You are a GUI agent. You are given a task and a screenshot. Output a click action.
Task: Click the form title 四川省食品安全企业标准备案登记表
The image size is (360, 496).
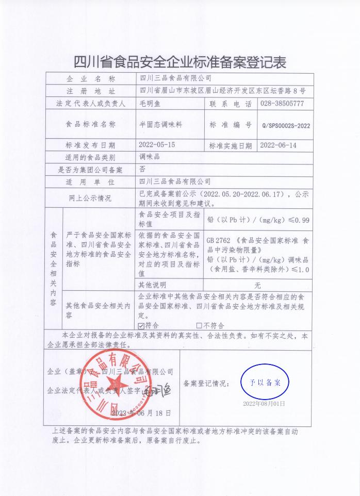pos(179,62)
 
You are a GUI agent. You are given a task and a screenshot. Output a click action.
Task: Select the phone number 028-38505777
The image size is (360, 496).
pos(282,104)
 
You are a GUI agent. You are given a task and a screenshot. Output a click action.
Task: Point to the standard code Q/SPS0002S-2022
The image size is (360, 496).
pos(286,125)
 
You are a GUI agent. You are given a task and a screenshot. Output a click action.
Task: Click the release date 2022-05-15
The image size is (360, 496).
pos(157,145)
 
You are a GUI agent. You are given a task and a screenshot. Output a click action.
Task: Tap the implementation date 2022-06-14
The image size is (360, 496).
pos(279,145)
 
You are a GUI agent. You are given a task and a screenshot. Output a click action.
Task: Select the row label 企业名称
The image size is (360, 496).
pos(90,78)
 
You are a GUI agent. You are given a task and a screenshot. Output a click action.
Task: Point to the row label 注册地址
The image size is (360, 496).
pos(90,91)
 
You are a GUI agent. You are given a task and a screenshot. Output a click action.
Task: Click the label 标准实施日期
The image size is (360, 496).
pos(230,146)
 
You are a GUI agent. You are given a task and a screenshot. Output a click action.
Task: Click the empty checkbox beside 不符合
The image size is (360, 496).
pos(199,325)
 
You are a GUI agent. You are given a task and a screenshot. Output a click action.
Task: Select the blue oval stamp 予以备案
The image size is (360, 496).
pos(265,383)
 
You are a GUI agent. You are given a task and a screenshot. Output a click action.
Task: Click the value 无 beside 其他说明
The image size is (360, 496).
pos(257,285)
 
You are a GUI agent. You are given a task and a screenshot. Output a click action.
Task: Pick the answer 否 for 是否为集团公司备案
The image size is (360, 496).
pos(143,169)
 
